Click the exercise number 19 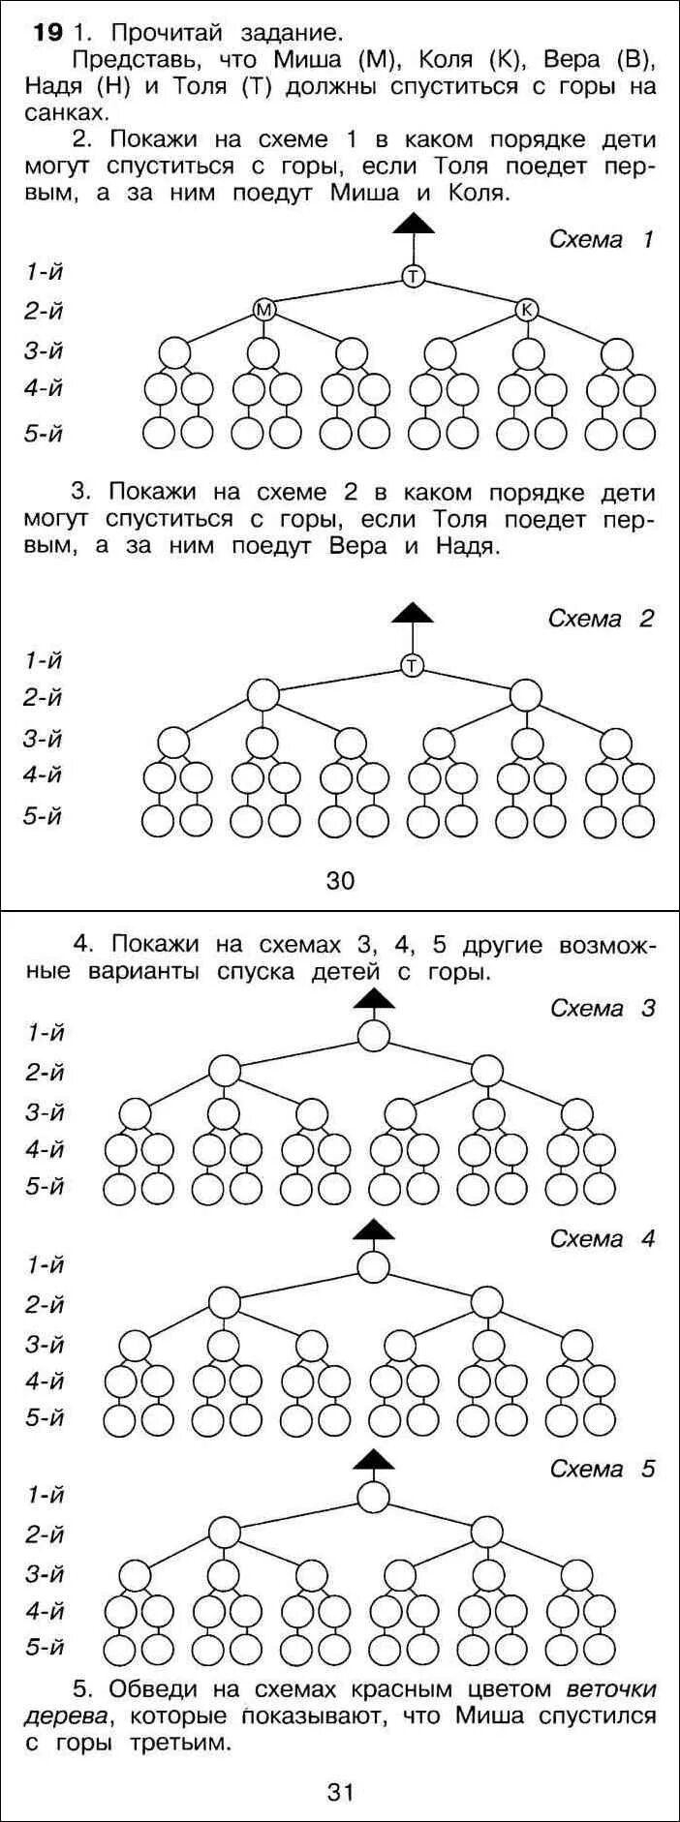47,33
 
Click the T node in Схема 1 414,277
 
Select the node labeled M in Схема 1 263,310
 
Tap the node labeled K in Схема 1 527,310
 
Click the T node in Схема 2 414,665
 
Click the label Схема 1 602,239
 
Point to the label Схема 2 602,618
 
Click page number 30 340,880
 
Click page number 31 340,1792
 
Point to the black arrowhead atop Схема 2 414,612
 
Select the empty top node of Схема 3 374,1035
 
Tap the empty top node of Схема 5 374,1497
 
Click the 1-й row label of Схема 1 44,272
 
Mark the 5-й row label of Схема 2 44,816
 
